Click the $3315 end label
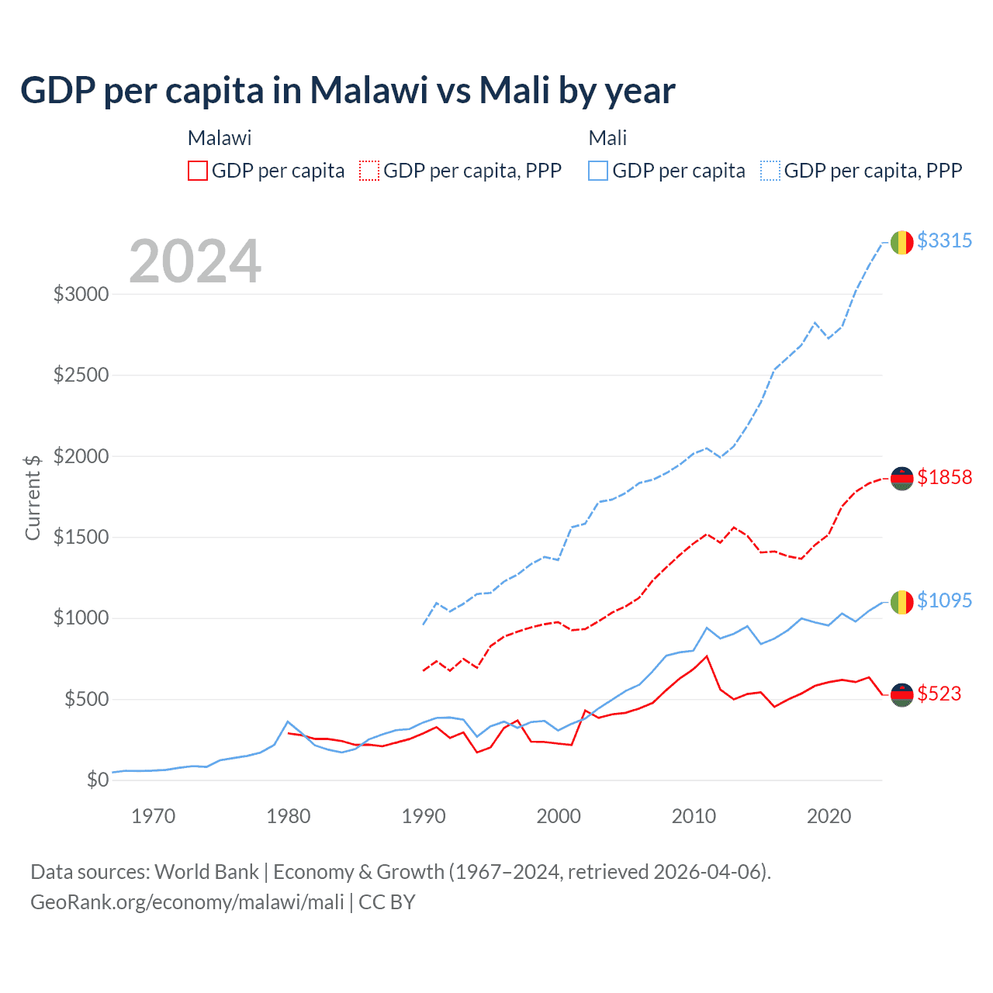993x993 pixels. [944, 240]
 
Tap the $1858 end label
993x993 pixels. [944, 477]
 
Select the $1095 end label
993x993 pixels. [944, 600]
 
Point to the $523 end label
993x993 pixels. [939, 694]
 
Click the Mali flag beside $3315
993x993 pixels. [901, 242]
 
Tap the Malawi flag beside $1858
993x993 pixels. [901, 479]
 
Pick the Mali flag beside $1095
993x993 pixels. [901, 602]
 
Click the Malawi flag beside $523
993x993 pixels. [901, 695]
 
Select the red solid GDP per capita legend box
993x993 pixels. [198, 171]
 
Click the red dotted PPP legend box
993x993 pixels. [369, 171]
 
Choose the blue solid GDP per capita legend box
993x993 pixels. [598, 171]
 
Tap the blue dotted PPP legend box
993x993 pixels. [770, 171]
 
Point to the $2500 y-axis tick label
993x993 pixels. [81, 375]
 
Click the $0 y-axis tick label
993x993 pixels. [97, 780]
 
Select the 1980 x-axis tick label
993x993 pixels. [289, 816]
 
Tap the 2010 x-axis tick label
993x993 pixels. [694, 816]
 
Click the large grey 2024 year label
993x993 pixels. [195, 261]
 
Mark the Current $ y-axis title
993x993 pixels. [33, 497]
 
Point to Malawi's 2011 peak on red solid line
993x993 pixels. [707, 656]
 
